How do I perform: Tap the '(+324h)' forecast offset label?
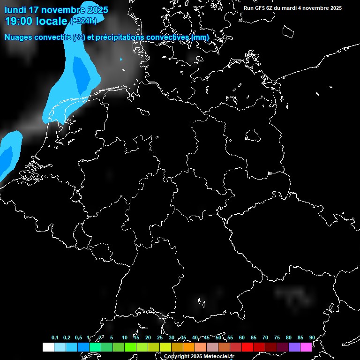tap(83, 21)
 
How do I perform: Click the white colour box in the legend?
tap(48, 347)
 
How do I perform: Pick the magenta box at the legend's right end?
tap(306, 347)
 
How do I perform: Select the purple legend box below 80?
tap(294, 347)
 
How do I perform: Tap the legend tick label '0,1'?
tap(55, 337)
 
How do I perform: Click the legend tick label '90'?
tap(312, 337)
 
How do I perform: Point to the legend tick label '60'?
tap(242, 337)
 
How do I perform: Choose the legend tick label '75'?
tap(277, 337)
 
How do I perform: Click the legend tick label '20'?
tap(148, 337)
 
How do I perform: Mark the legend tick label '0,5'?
tap(78, 337)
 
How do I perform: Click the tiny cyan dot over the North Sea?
tap(121, 60)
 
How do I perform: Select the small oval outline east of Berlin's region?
tap(253, 135)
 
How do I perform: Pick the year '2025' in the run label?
tap(333, 8)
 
